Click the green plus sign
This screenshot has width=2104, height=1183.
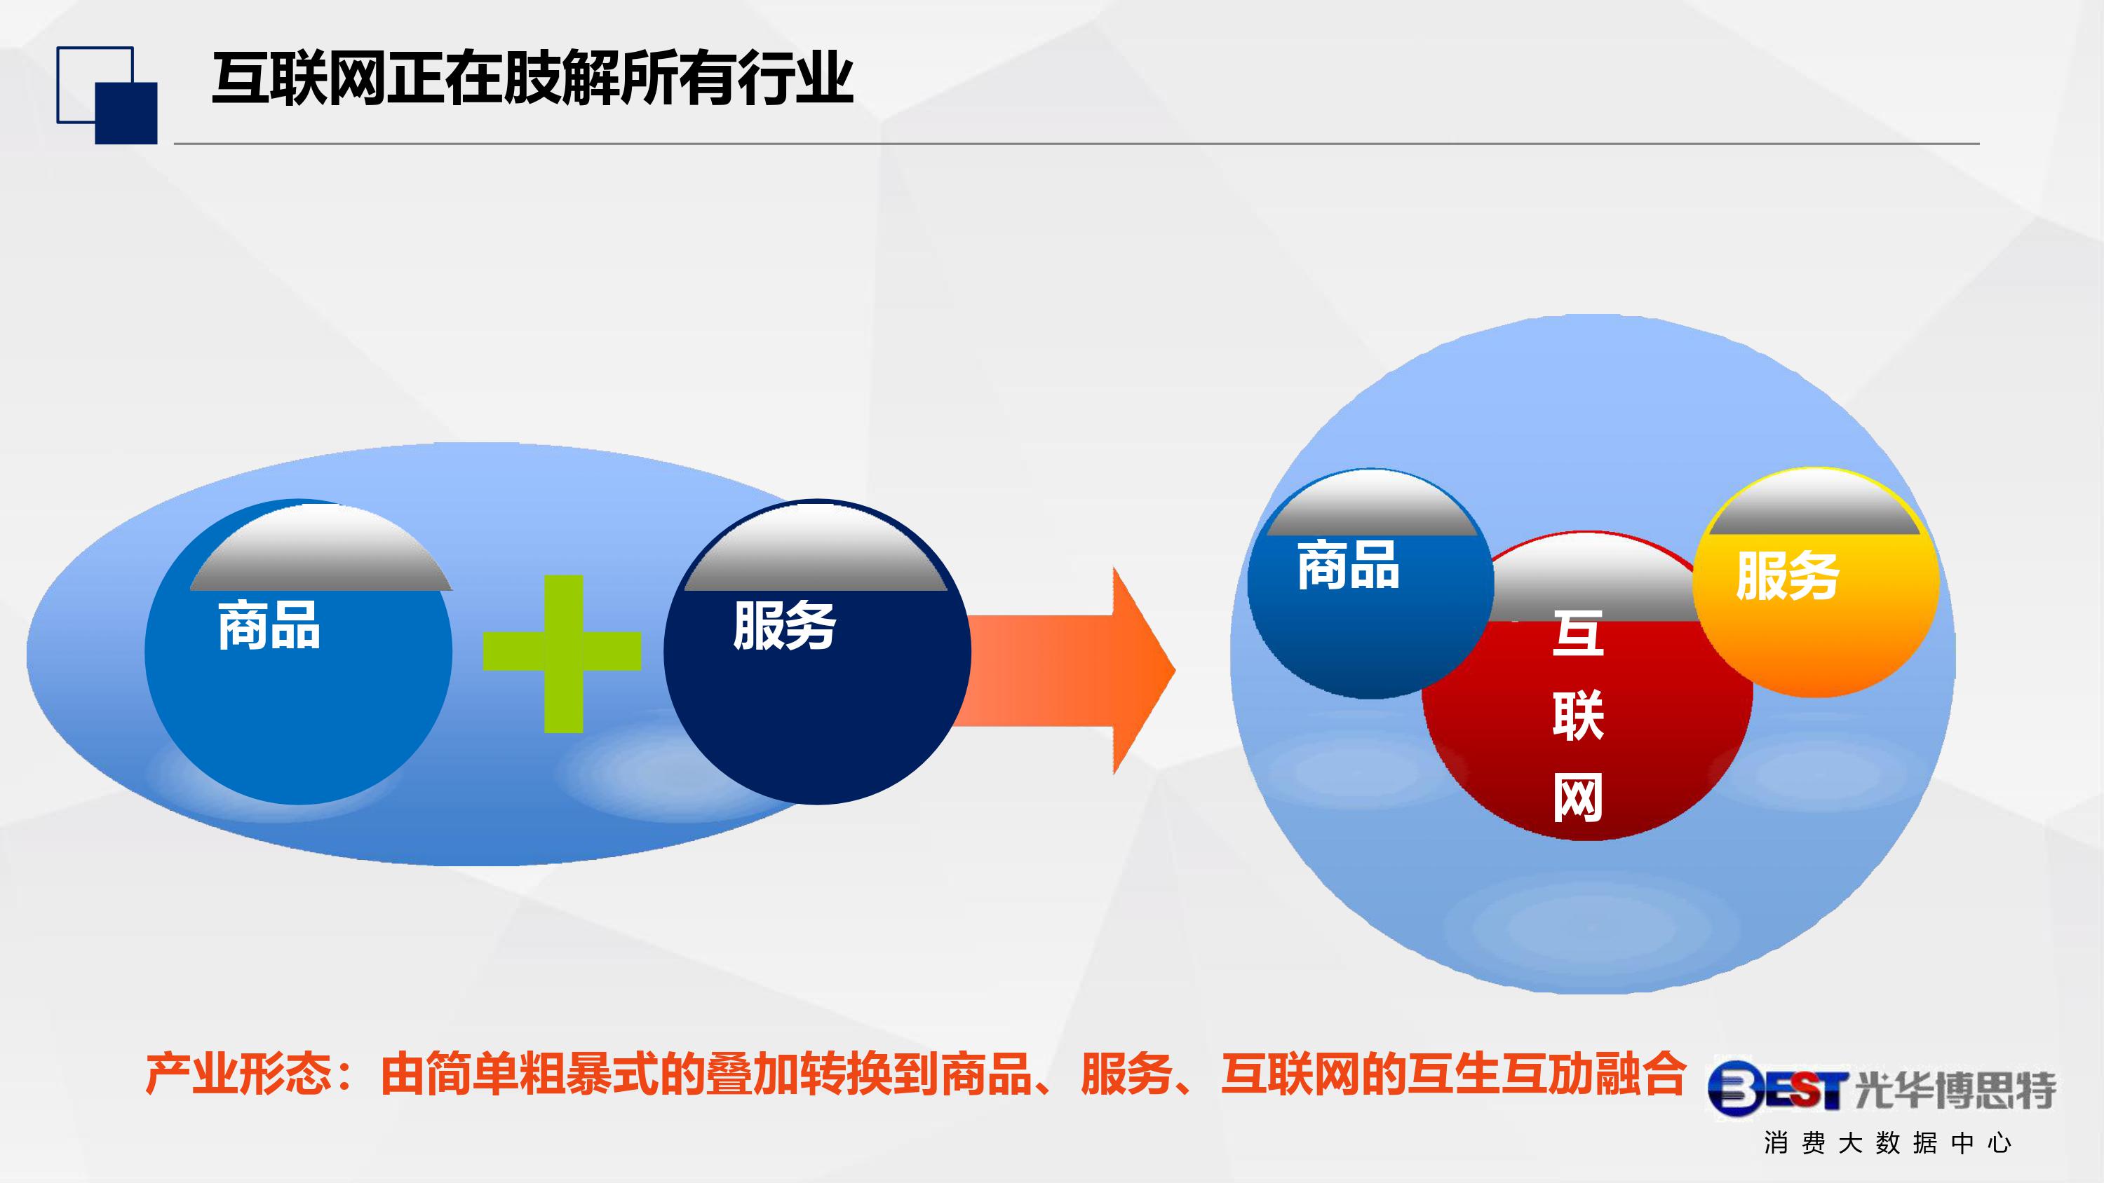pos(562,654)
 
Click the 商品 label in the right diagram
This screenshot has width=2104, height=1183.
pos(1349,564)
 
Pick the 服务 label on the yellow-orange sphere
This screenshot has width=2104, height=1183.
pos(1787,575)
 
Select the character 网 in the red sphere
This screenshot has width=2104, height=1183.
pos(1578,798)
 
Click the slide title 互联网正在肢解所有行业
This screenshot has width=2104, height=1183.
pos(533,79)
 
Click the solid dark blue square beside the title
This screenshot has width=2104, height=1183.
pos(127,114)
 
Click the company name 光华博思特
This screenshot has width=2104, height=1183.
pos(1955,1090)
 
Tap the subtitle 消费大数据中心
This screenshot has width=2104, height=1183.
pos(1887,1143)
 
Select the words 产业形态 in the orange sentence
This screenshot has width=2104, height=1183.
pos(238,1074)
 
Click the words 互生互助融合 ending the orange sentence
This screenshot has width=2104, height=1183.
pos(1547,1074)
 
